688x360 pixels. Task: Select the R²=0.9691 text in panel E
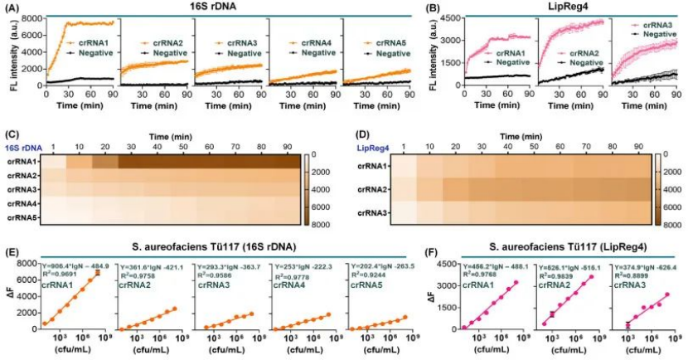tap(61, 272)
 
